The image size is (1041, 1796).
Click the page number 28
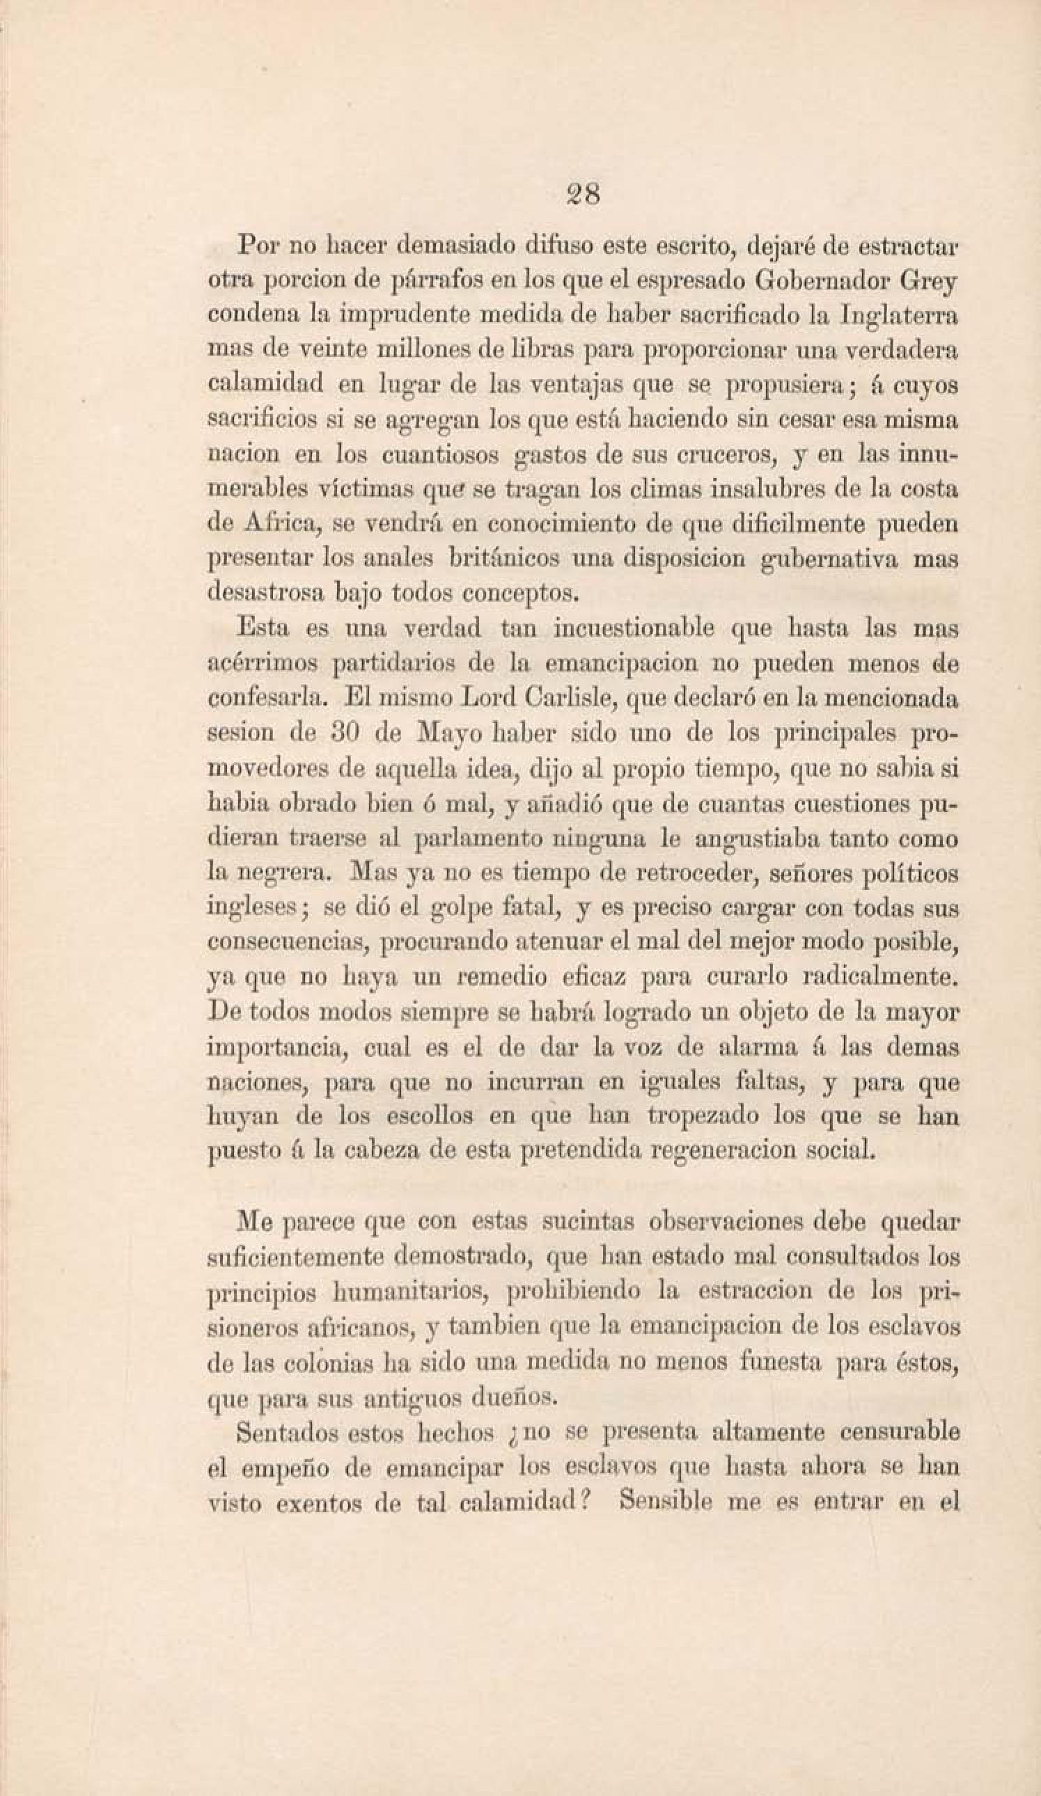[x=581, y=193]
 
